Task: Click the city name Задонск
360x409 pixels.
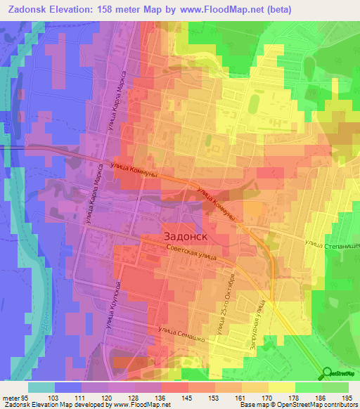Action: point(189,235)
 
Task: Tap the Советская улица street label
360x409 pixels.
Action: point(193,252)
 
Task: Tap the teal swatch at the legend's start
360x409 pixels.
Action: point(41,387)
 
